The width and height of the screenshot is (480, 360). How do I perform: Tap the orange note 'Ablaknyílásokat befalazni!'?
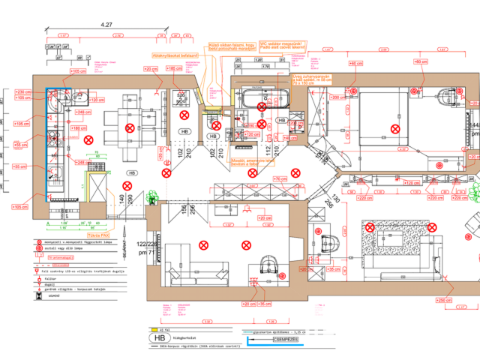coord(175,55)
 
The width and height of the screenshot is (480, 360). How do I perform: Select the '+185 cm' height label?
coord(174,68)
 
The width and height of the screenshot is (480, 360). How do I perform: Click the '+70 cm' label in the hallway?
coord(279,179)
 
